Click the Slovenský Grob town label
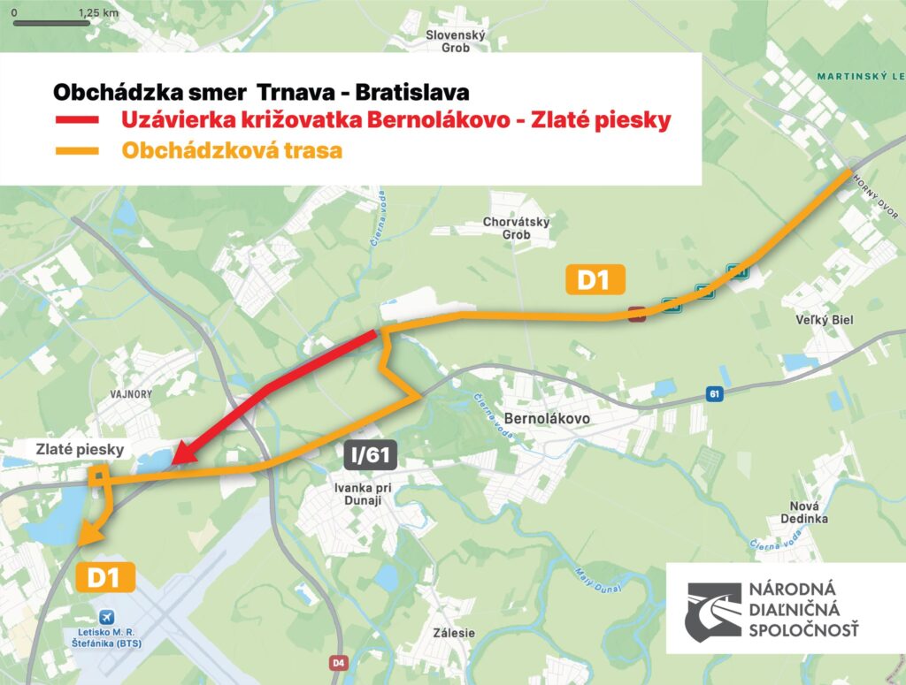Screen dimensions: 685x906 457,42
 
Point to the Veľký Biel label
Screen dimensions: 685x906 825,320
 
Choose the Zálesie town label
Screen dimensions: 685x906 454,633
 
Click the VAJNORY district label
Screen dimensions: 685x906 133,393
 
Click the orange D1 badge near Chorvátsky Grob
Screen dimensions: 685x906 595,281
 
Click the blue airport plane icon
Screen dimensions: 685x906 108,615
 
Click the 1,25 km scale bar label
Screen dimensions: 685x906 98,12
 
